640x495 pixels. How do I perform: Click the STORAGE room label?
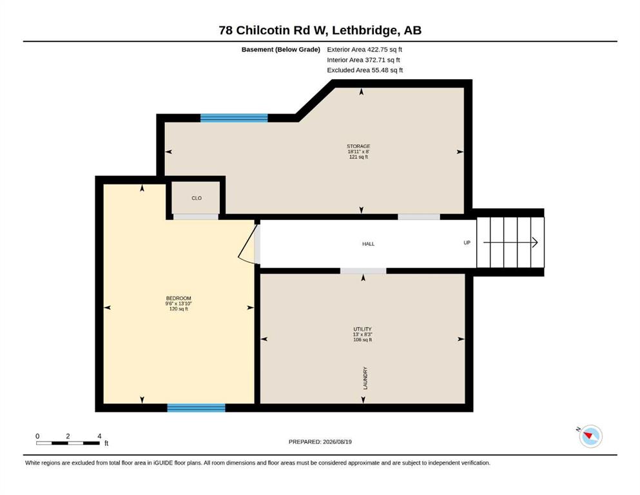click(358, 146)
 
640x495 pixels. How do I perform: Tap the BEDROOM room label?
click(179, 298)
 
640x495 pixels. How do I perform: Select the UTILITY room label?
click(362, 329)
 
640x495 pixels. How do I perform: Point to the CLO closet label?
click(197, 198)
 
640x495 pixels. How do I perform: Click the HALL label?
click(368, 244)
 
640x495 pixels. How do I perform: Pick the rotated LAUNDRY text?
click(365, 378)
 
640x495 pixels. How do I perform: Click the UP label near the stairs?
click(467, 242)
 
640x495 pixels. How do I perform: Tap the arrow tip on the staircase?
click(538, 242)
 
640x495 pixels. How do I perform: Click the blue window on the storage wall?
click(234, 118)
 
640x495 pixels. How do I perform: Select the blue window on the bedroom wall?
click(197, 408)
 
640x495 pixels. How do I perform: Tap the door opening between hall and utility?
click(363, 271)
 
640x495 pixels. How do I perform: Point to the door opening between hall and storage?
click(419, 217)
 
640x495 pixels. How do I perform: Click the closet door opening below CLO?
click(196, 217)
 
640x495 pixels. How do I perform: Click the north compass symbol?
click(590, 436)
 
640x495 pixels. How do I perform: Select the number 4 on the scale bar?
click(99, 436)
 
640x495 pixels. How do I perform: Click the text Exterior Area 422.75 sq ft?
click(365, 50)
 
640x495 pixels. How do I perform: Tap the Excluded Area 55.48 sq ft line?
click(365, 70)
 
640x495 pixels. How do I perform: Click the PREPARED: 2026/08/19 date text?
click(320, 442)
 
